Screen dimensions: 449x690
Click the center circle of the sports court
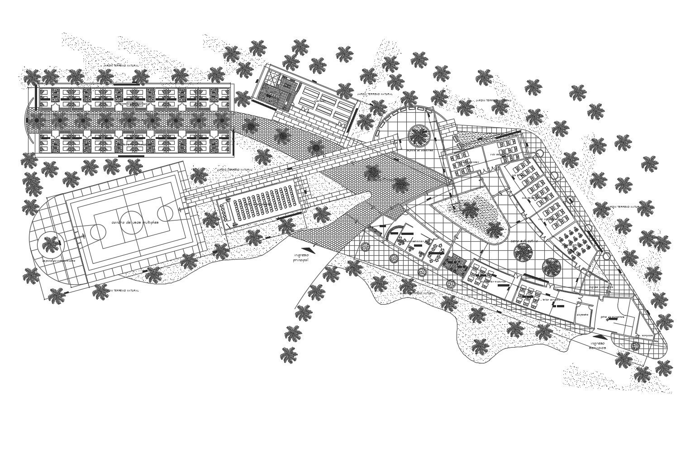click(x=131, y=223)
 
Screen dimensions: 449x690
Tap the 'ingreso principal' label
click(x=301, y=258)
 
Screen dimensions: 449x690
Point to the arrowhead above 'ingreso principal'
click(x=310, y=249)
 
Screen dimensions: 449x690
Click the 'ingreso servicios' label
click(x=597, y=346)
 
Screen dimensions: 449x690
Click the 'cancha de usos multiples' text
click(x=134, y=223)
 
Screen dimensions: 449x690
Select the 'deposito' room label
click(x=582, y=315)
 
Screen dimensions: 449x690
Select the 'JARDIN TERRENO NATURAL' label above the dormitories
click(x=120, y=66)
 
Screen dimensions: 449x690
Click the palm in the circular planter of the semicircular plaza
click(x=419, y=135)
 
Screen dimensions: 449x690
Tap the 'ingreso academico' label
click(x=600, y=287)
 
